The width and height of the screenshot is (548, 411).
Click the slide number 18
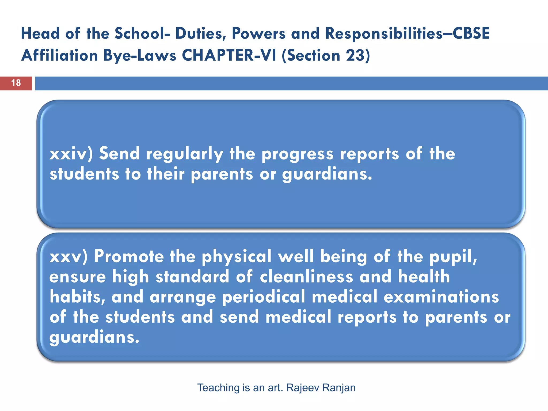[x=16, y=83]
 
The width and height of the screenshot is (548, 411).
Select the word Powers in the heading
[x=258, y=34]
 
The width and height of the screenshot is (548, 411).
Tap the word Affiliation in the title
[x=60, y=56]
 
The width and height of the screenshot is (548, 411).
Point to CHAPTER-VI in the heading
[x=229, y=56]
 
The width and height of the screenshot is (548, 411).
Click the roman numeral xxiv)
[x=71, y=154]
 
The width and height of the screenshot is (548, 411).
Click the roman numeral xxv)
[x=68, y=256]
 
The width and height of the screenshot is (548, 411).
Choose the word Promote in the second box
[x=129, y=256]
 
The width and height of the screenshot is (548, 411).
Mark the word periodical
[x=264, y=297]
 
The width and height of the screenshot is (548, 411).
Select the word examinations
[x=441, y=297]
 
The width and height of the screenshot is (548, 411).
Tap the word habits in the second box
[x=77, y=297]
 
